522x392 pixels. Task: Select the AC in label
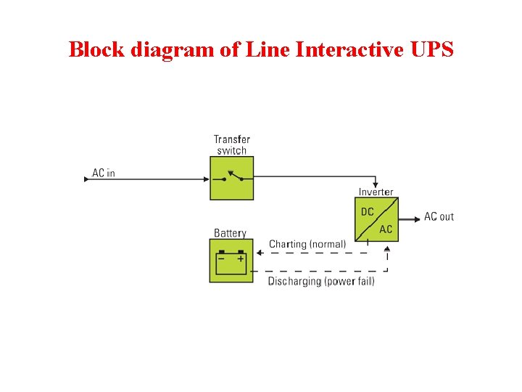(104, 173)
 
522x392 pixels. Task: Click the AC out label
(439, 216)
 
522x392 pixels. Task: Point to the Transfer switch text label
(231, 144)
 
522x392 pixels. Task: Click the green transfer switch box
(232, 179)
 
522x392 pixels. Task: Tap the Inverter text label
(376, 192)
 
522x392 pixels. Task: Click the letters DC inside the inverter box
(368, 211)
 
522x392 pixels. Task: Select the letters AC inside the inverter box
(386, 229)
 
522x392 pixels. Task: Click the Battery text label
(230, 233)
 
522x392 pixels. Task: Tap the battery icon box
(231, 261)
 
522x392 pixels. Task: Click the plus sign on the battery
(241, 257)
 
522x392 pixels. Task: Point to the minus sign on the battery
(222, 257)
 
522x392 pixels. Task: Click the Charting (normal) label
(307, 244)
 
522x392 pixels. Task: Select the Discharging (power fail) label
(321, 281)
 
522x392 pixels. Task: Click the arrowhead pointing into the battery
(257, 253)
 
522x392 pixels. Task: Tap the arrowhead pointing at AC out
(417, 217)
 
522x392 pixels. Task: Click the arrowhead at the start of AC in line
(86, 179)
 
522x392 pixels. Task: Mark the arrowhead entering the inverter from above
(376, 184)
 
